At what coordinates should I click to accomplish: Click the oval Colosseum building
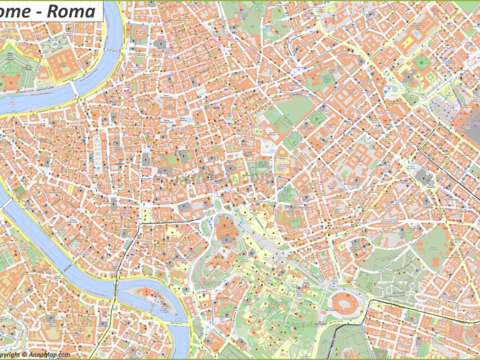click(344, 303)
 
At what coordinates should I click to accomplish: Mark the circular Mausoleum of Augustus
click(160, 44)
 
